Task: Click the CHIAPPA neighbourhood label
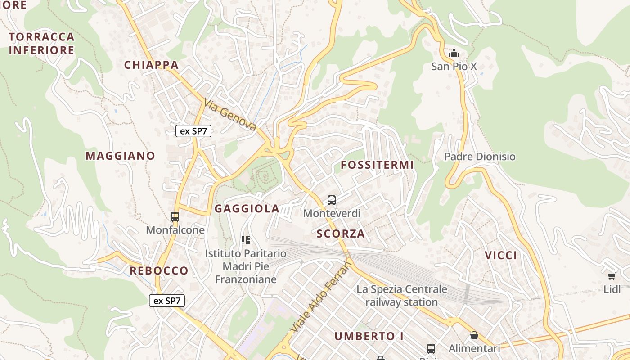(x=151, y=65)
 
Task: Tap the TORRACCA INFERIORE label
(x=41, y=43)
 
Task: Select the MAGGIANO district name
(x=120, y=156)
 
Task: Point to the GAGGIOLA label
(x=247, y=209)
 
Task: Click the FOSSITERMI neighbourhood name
(x=377, y=165)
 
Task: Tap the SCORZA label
(x=340, y=234)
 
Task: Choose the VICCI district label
(x=501, y=256)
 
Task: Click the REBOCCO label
(x=159, y=271)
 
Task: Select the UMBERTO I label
(x=369, y=336)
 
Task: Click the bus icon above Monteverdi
(x=332, y=200)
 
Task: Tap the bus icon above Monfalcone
(x=175, y=217)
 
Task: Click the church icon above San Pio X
(x=454, y=54)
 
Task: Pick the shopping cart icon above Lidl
(x=612, y=276)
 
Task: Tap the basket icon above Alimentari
(x=474, y=335)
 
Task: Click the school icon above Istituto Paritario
(x=245, y=240)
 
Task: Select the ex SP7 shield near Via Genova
(x=193, y=131)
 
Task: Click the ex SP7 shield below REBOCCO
(x=167, y=301)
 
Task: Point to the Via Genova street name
(x=230, y=115)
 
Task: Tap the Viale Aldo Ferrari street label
(x=320, y=297)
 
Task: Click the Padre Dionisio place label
(x=480, y=157)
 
